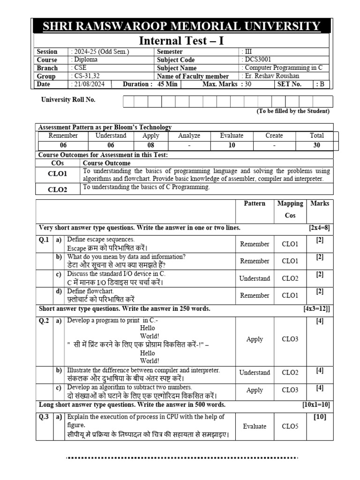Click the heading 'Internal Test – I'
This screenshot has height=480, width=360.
(182, 41)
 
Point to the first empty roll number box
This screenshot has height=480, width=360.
(129, 102)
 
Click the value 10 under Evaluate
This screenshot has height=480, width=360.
(232, 145)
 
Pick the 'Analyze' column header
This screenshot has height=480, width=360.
(189, 135)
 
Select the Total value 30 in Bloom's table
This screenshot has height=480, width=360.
(317, 145)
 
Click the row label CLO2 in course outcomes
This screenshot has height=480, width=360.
(58, 189)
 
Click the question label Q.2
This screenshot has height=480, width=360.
(45, 321)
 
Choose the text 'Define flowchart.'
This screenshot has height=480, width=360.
(90, 291)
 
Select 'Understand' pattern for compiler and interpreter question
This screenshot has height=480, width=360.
(255, 373)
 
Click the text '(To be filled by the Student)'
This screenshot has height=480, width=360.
(292, 111)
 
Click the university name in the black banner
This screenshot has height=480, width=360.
(182, 26)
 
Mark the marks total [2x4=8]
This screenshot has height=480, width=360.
(319, 228)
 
